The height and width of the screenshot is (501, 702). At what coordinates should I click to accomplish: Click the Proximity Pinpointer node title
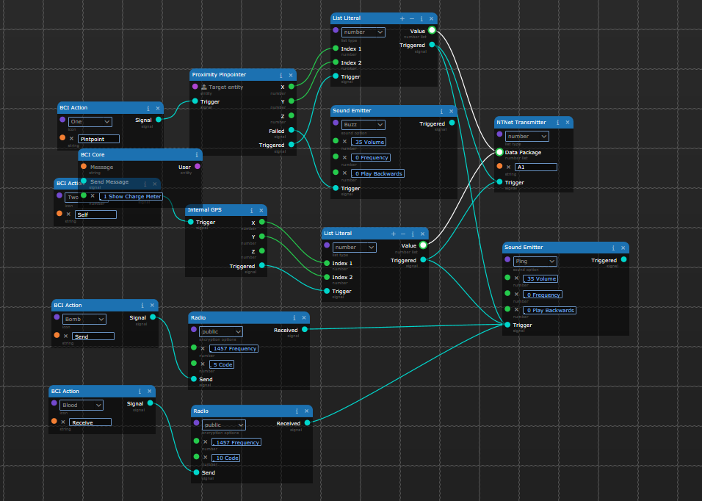[x=219, y=75]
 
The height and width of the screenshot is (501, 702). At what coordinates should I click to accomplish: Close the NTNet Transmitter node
[x=568, y=123]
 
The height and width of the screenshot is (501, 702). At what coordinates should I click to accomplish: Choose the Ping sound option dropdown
[x=535, y=262]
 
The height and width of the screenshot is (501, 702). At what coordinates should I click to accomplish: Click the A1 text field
[x=535, y=167]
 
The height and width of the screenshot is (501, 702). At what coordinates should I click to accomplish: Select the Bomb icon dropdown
[x=85, y=319]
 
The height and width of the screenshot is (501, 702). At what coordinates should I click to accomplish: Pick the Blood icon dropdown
[x=81, y=405]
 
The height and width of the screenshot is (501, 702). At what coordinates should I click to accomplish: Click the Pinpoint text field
[x=98, y=139]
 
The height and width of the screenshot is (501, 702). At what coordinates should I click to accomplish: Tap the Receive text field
[x=90, y=422]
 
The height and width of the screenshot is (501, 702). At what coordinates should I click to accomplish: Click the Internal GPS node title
[x=205, y=210]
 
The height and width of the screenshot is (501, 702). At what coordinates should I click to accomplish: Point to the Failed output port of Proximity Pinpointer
[x=291, y=130]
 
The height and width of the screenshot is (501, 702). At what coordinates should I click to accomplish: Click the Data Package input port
[x=499, y=152]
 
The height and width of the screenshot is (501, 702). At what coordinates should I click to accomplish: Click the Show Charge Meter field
[x=131, y=196]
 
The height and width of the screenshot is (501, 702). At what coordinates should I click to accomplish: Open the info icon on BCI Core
[x=197, y=155]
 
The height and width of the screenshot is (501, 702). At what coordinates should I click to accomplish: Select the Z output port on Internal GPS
[x=261, y=251]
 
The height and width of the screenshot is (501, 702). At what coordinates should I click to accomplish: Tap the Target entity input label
[x=225, y=87]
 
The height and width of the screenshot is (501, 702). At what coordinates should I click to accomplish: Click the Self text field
[x=95, y=215]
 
